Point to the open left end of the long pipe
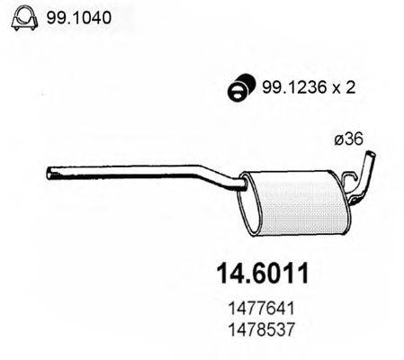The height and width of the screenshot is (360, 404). click(x=47, y=171)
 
